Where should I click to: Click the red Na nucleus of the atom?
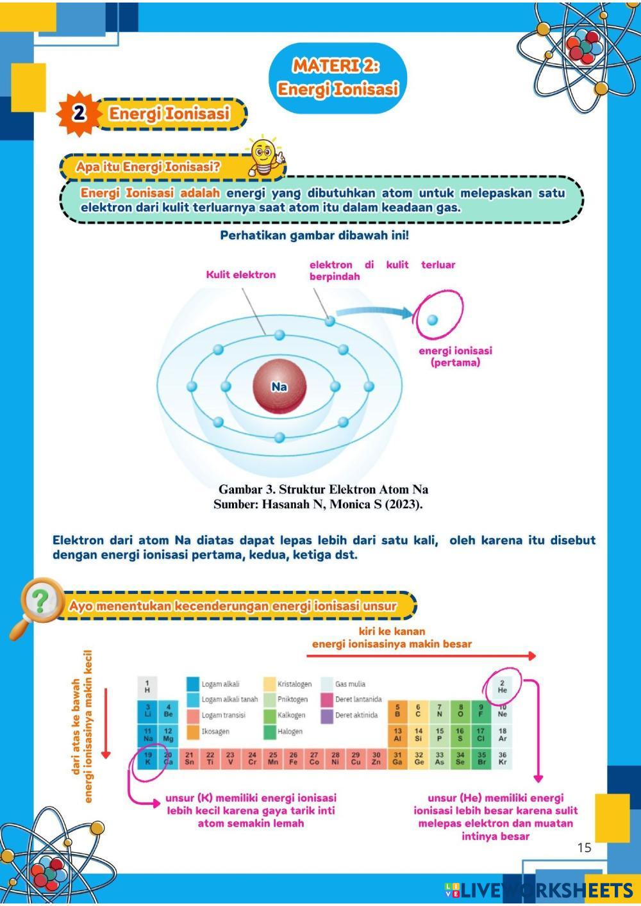coord(279,386)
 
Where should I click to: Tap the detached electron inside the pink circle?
coord(432,319)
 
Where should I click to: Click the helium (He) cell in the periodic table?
coord(502,687)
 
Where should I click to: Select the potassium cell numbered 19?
coord(147,758)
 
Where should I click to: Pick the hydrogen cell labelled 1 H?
coord(147,687)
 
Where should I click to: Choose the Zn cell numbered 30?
coord(376,758)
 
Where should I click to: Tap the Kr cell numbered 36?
coord(502,758)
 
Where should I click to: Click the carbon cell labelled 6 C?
coord(418,711)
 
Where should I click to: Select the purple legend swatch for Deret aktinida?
coord(326,716)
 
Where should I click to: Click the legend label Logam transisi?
coord(224,716)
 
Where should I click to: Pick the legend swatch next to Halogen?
coord(269,732)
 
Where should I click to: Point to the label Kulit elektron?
coord(240,275)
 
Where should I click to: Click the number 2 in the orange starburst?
coord(79,113)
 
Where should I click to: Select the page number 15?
coord(584,847)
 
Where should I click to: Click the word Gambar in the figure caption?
coord(240,490)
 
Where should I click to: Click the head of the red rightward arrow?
coord(531,655)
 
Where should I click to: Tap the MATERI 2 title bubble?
coord(338,78)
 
